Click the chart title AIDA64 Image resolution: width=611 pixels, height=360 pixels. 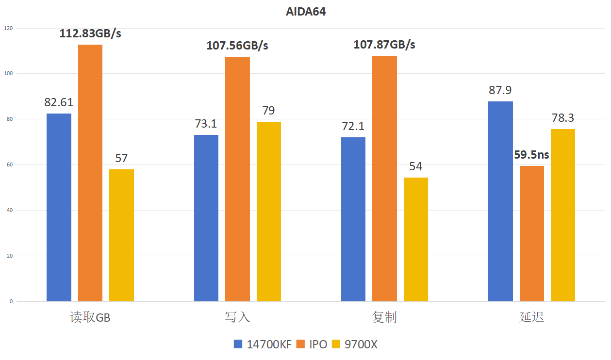click(306, 12)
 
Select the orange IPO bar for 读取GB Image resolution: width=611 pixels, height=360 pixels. click(90, 173)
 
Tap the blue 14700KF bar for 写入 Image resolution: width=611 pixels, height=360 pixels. click(206, 218)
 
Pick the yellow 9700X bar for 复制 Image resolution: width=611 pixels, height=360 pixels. click(416, 239)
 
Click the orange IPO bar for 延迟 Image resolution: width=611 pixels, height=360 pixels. click(532, 233)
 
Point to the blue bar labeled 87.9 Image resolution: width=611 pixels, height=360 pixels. click(500, 201)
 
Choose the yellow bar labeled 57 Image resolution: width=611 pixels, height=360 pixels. click(121, 235)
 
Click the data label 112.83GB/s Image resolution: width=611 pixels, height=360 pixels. click(90, 33)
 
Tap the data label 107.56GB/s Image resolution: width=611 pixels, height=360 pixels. click(237, 46)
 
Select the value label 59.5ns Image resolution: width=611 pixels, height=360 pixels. click(532, 155)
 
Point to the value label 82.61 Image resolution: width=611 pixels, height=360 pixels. click(59, 102)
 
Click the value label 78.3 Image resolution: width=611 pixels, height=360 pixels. click(563, 118)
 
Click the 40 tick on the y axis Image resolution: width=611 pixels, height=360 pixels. click(10, 211)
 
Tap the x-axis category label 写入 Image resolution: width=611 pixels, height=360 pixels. click(237, 317)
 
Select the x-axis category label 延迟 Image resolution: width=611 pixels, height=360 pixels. click(532, 317)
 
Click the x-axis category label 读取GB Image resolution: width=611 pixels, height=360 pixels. click(90, 317)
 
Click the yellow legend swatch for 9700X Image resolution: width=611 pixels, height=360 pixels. click(336, 344)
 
